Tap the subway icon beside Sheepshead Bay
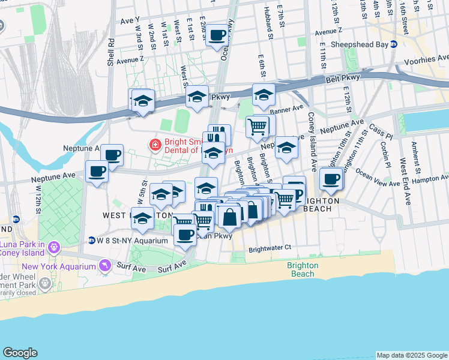pos(393,44)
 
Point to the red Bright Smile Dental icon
pos(155,144)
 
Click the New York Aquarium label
pos(59,266)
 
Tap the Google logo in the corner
pos(20,353)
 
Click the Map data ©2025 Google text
pos(411,355)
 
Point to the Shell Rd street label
pos(111,52)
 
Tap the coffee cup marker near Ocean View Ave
pos(331,178)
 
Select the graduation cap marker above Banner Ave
pos(264,95)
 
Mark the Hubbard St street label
pos(271,24)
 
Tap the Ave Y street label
pos(130,20)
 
